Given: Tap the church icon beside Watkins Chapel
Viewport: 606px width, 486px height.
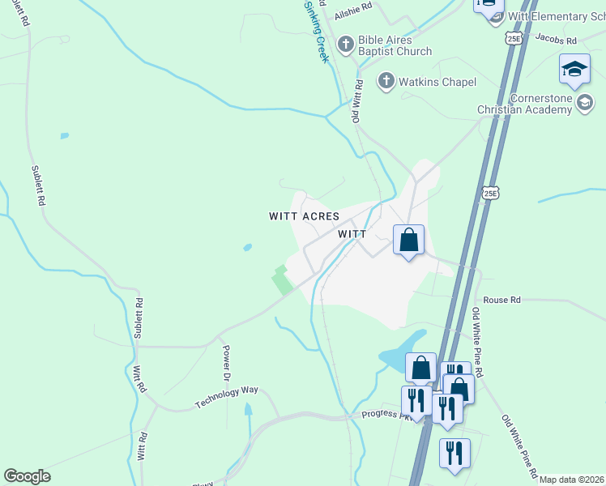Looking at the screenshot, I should coord(386,81).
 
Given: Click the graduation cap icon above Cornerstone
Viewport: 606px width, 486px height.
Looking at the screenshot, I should coord(574,70).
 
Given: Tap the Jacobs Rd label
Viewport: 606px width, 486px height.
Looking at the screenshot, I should coord(555,40).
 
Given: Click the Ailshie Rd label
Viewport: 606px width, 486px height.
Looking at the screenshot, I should coord(356,6).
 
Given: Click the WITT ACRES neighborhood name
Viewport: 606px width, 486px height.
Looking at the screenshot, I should coord(305,216).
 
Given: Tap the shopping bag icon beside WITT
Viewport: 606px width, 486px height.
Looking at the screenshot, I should coord(409,240).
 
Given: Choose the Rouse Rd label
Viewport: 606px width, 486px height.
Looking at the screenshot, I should coord(501,300).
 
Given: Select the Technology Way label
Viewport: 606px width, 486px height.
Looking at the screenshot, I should coord(226,397).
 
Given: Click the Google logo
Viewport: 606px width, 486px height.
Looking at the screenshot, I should coord(27,476).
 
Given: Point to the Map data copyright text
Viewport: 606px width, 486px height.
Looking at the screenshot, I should coord(572,480).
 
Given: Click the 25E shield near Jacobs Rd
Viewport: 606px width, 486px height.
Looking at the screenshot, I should coord(514,38).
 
